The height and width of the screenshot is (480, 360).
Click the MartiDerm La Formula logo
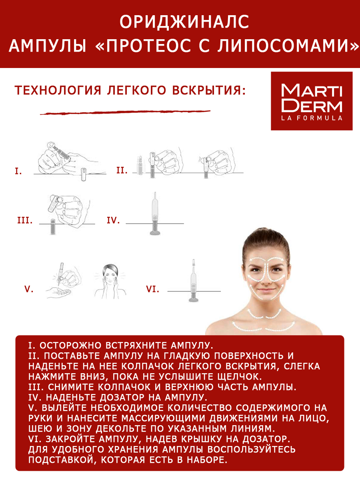[x=312, y=101]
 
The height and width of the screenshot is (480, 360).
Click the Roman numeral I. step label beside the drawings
[x=18, y=171]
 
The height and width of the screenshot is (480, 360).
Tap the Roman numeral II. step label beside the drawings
[x=122, y=170]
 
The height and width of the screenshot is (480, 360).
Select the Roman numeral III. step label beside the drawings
[x=25, y=220]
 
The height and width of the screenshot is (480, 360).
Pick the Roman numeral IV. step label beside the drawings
[x=113, y=220]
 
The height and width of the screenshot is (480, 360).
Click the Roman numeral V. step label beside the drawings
[x=29, y=289]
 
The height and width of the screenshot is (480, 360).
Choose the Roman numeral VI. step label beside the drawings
[x=152, y=289]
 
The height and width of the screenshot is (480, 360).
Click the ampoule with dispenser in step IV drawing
[x=154, y=214]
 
